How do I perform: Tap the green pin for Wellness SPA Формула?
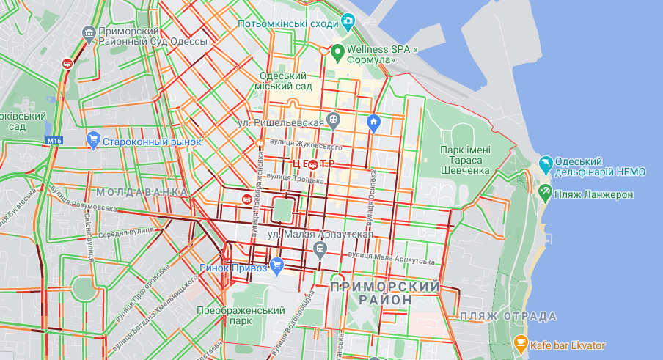(x=338, y=53)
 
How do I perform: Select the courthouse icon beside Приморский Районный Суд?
(x=89, y=32)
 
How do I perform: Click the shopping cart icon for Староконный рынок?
(x=93, y=139)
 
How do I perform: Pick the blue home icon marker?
(x=373, y=122)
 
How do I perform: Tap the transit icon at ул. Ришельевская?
(x=334, y=119)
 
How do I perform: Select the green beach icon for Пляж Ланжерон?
(x=545, y=193)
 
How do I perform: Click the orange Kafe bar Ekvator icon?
(x=520, y=342)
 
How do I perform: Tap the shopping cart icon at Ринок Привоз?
(x=276, y=265)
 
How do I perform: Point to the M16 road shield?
(x=54, y=140)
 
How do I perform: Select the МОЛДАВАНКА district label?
(x=142, y=192)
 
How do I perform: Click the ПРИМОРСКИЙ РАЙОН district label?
(x=385, y=293)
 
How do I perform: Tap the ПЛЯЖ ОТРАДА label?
(x=508, y=316)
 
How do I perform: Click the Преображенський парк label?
(x=240, y=316)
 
